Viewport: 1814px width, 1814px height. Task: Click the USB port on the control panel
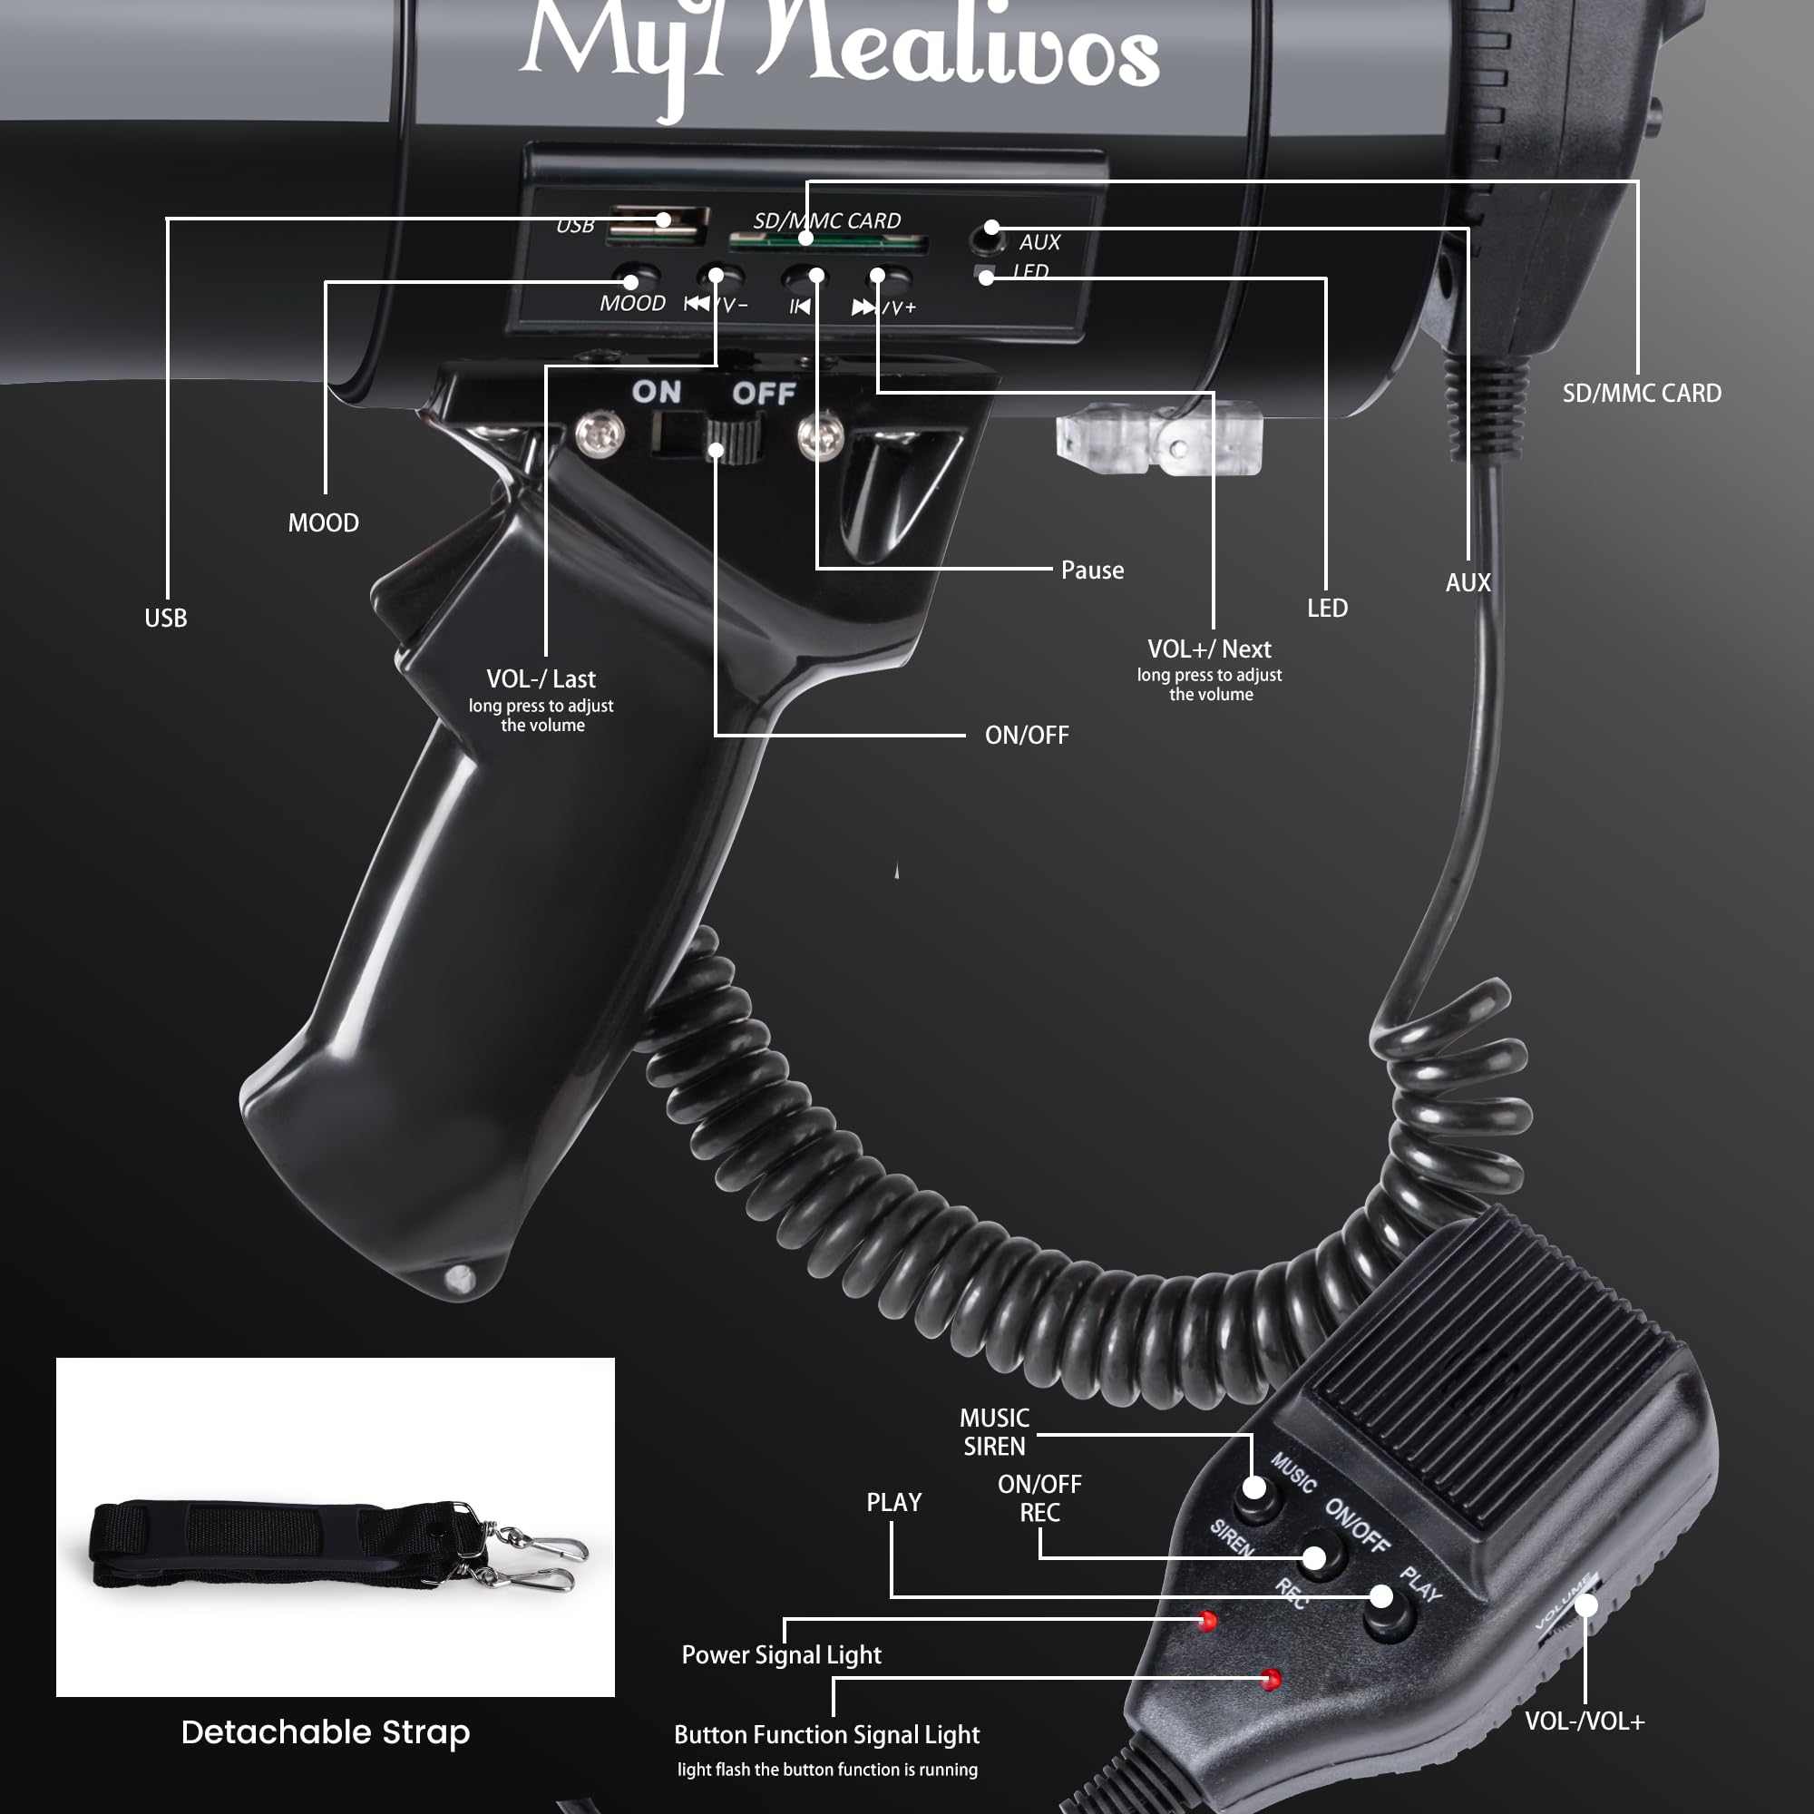658,225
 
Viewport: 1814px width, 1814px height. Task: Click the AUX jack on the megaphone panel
986,240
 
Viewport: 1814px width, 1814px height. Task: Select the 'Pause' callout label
1092,570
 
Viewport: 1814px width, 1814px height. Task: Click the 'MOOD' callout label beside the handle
323,523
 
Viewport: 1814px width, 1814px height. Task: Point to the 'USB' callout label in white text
165,618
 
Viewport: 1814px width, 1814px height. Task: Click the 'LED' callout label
1327,609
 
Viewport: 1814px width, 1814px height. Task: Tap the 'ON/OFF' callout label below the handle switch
1026,736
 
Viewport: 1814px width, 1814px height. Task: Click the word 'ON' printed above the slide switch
657,392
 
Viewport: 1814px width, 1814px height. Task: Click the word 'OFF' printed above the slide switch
764,394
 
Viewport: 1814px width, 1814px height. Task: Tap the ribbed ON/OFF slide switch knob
732,441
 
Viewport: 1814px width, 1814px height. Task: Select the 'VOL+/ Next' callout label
1209,649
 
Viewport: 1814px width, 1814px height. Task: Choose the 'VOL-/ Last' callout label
541,678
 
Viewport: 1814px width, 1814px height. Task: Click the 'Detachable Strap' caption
325,1732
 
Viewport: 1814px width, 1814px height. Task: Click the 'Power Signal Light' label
781,1654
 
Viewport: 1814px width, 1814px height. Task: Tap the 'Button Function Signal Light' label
826,1734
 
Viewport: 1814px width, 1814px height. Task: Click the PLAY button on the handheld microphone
1388,1613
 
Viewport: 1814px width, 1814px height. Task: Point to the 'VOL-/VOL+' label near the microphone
1584,1721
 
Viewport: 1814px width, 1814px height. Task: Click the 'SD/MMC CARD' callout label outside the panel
1642,394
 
